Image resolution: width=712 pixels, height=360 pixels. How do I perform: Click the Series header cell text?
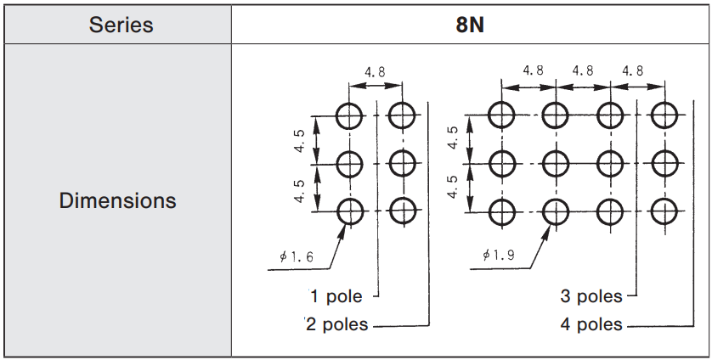tap(121, 25)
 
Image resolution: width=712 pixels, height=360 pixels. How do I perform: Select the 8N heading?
tap(470, 25)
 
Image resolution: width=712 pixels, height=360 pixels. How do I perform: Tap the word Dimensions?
tap(118, 201)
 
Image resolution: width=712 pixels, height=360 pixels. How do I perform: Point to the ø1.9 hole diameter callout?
tap(498, 255)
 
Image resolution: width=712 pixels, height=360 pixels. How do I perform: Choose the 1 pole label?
tap(336, 296)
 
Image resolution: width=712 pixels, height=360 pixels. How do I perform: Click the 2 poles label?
tap(337, 324)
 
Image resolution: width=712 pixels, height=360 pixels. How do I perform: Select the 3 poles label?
tap(591, 296)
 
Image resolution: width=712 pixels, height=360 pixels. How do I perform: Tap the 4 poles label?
tap(591, 324)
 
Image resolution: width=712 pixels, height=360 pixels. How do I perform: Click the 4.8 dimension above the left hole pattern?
tap(375, 73)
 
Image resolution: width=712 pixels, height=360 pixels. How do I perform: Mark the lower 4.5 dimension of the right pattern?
tap(453, 186)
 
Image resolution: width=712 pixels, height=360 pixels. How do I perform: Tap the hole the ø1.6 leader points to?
tap(349, 211)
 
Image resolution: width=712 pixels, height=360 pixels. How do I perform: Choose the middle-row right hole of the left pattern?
tap(401, 162)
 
